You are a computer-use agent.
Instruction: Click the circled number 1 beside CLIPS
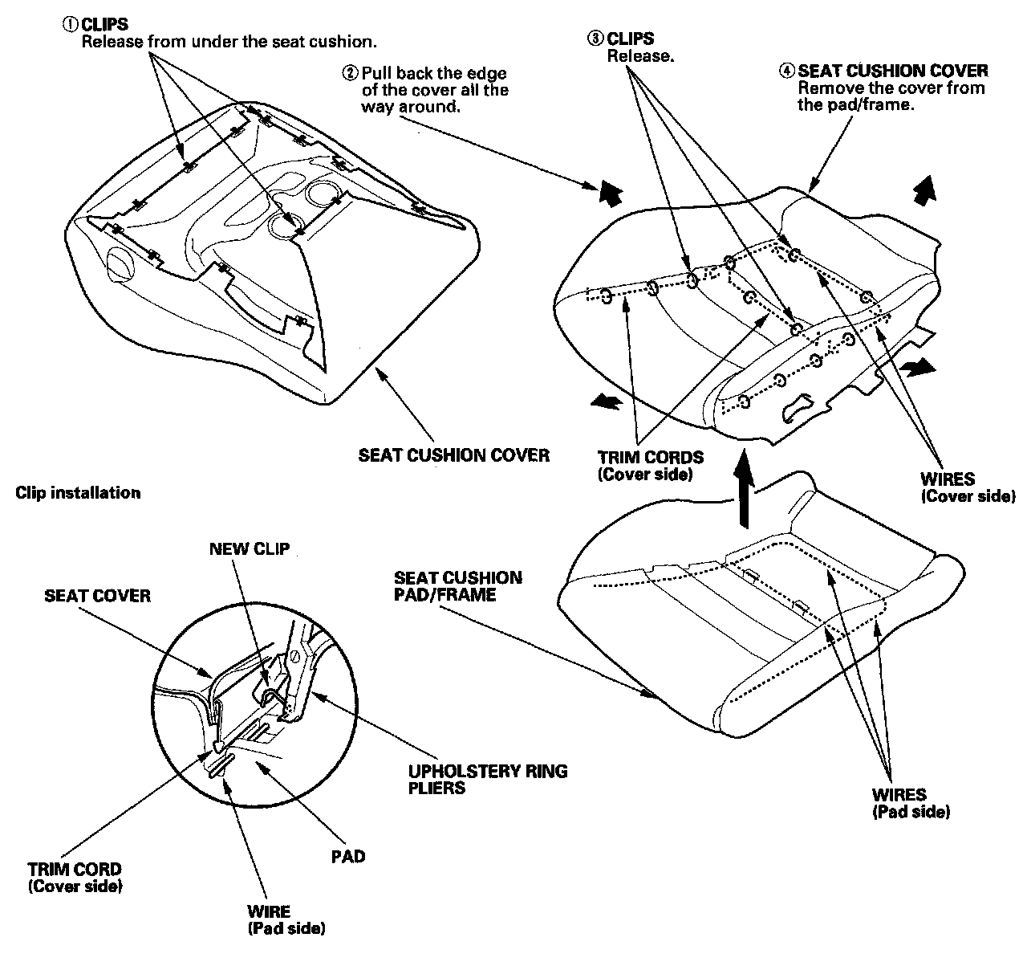pyautogui.click(x=70, y=25)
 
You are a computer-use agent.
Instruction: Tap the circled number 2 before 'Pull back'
pyautogui.click(x=350, y=73)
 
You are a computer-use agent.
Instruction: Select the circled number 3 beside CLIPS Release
pyautogui.click(x=595, y=39)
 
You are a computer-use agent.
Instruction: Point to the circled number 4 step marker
pyautogui.click(x=787, y=71)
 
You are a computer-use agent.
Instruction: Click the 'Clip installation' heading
pyautogui.click(x=78, y=493)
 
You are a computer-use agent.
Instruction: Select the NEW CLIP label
pyautogui.click(x=249, y=549)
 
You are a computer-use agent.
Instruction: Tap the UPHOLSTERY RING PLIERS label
pyautogui.click(x=488, y=779)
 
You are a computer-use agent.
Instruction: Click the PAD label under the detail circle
pyautogui.click(x=348, y=857)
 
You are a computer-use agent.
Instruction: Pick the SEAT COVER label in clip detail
pyautogui.click(x=97, y=596)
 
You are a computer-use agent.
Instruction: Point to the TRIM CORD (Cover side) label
pyautogui.click(x=75, y=877)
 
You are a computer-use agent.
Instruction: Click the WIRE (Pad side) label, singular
pyautogui.click(x=286, y=920)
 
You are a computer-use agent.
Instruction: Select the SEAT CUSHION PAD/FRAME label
pyautogui.click(x=457, y=586)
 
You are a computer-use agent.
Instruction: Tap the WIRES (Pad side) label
pyautogui.click(x=911, y=803)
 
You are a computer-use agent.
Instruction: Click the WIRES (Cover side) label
pyautogui.click(x=967, y=487)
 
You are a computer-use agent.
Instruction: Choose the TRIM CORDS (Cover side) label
pyautogui.click(x=650, y=466)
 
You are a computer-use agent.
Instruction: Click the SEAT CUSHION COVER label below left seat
pyautogui.click(x=453, y=455)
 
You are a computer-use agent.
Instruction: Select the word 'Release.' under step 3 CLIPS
pyautogui.click(x=640, y=55)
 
